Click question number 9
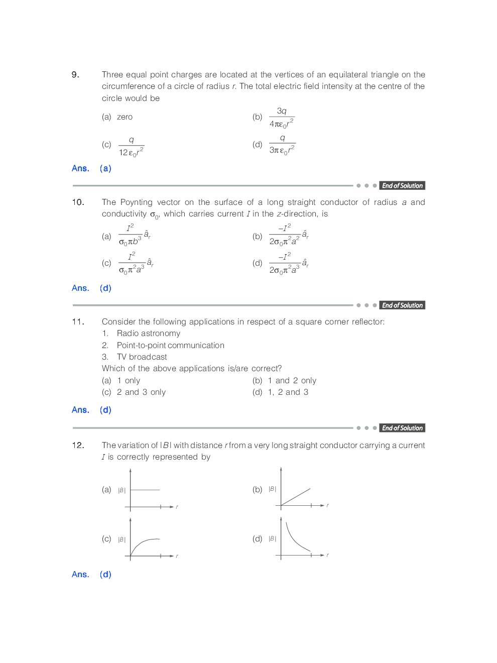[75, 75]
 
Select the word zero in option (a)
[125, 117]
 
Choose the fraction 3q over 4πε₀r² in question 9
[282, 118]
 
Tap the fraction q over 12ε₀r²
[131, 146]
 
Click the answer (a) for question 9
[105, 168]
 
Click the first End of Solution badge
[402, 186]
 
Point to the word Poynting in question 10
[136, 202]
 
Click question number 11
[78, 322]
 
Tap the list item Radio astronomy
[148, 334]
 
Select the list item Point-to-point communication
[170, 346]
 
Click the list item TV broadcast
[142, 357]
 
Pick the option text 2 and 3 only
[141, 392]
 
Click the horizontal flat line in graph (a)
[146, 490]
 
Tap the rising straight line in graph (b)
[296, 497]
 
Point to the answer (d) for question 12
[105, 575]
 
